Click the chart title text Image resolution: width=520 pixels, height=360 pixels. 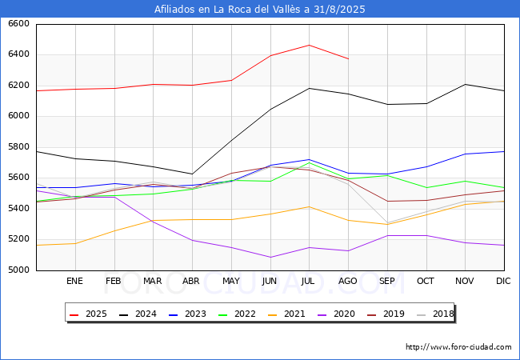(260, 9)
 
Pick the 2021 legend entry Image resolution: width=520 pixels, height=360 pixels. (286, 314)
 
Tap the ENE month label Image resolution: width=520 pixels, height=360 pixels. (74, 281)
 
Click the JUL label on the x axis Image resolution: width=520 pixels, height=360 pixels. (309, 281)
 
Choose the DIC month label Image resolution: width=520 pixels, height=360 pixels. (503, 281)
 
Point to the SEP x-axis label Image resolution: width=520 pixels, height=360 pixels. (387, 281)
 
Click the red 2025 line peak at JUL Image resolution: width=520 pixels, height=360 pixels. (309, 45)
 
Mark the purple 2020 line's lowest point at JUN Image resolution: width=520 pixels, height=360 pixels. (270, 257)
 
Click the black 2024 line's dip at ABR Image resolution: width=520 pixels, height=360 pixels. (192, 174)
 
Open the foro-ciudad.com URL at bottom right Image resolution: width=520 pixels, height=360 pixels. (458, 347)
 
